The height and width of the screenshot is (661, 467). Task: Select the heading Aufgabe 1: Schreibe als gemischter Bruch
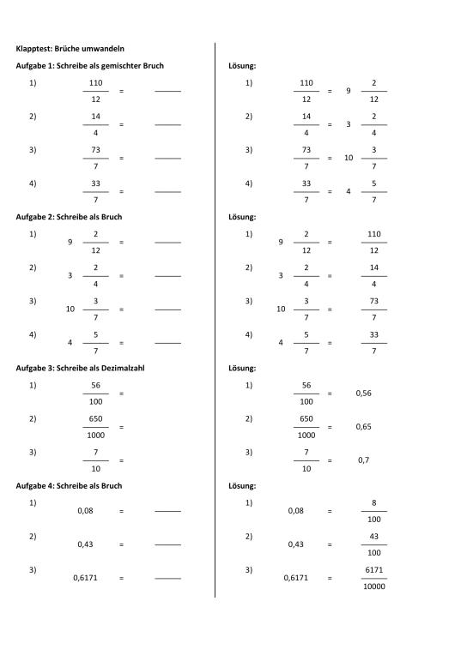click(89, 66)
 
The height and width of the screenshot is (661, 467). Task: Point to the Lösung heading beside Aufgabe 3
click(242, 368)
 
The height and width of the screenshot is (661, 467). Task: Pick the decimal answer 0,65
click(364, 426)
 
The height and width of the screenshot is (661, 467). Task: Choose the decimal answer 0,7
click(364, 460)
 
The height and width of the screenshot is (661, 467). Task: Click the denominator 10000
click(373, 586)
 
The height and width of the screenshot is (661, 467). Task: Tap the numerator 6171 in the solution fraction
click(373, 569)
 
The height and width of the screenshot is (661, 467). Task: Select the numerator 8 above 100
click(373, 502)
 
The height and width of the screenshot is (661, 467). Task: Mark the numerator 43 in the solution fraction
click(373, 536)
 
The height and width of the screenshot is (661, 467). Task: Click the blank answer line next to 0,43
click(167, 545)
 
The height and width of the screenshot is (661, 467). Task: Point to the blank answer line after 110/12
click(167, 91)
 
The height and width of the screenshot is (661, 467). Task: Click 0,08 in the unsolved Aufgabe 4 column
click(85, 511)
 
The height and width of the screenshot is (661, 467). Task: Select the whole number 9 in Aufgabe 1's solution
click(348, 91)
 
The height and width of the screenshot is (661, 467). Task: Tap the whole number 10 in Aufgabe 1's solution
click(348, 158)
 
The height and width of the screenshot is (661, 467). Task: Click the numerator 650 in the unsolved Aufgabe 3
click(95, 419)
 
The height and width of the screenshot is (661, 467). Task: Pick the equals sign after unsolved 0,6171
click(122, 578)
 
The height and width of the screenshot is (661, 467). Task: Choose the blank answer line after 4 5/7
click(167, 343)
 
